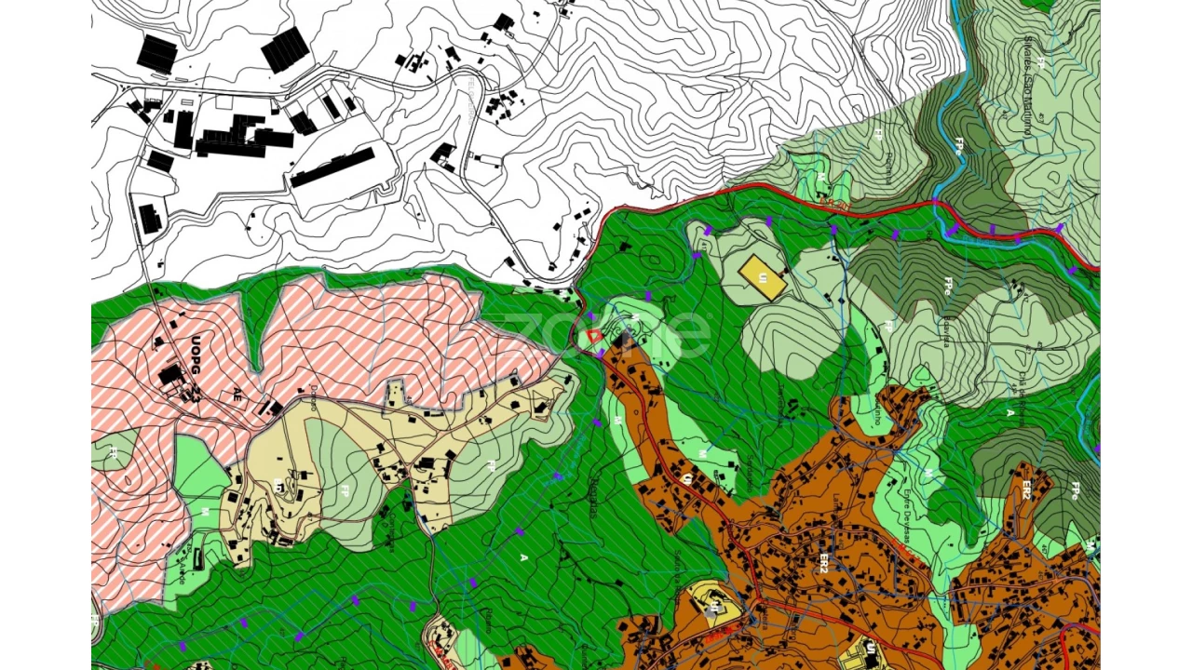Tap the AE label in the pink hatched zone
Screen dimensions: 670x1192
tap(237, 393)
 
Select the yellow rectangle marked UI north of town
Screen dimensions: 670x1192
tap(762, 277)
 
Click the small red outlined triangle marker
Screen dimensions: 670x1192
tap(593, 336)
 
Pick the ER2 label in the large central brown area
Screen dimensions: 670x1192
tap(823, 562)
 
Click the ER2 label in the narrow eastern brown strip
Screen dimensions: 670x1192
tap(1025, 489)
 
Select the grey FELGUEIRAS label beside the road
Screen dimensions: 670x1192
tap(469, 93)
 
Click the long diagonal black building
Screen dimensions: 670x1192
tap(332, 167)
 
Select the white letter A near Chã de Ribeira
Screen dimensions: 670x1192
tap(1010, 412)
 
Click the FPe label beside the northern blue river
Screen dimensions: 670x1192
tap(959, 149)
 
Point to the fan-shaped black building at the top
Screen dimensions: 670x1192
tap(284, 49)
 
